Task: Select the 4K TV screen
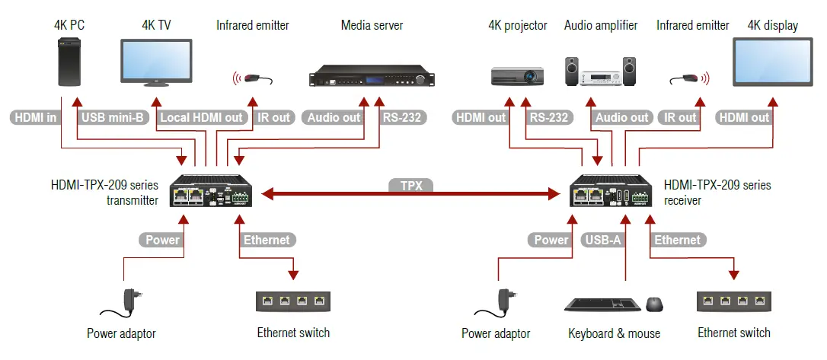pyautogui.click(x=157, y=61)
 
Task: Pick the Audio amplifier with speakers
pyautogui.click(x=599, y=72)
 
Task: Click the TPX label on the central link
pyautogui.click(x=411, y=185)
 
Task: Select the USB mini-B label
pyautogui.click(x=113, y=117)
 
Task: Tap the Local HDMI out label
pyautogui.click(x=201, y=117)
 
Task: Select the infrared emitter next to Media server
pyautogui.click(x=253, y=78)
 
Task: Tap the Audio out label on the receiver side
pyautogui.click(x=621, y=117)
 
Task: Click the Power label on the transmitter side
pyautogui.click(x=162, y=240)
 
